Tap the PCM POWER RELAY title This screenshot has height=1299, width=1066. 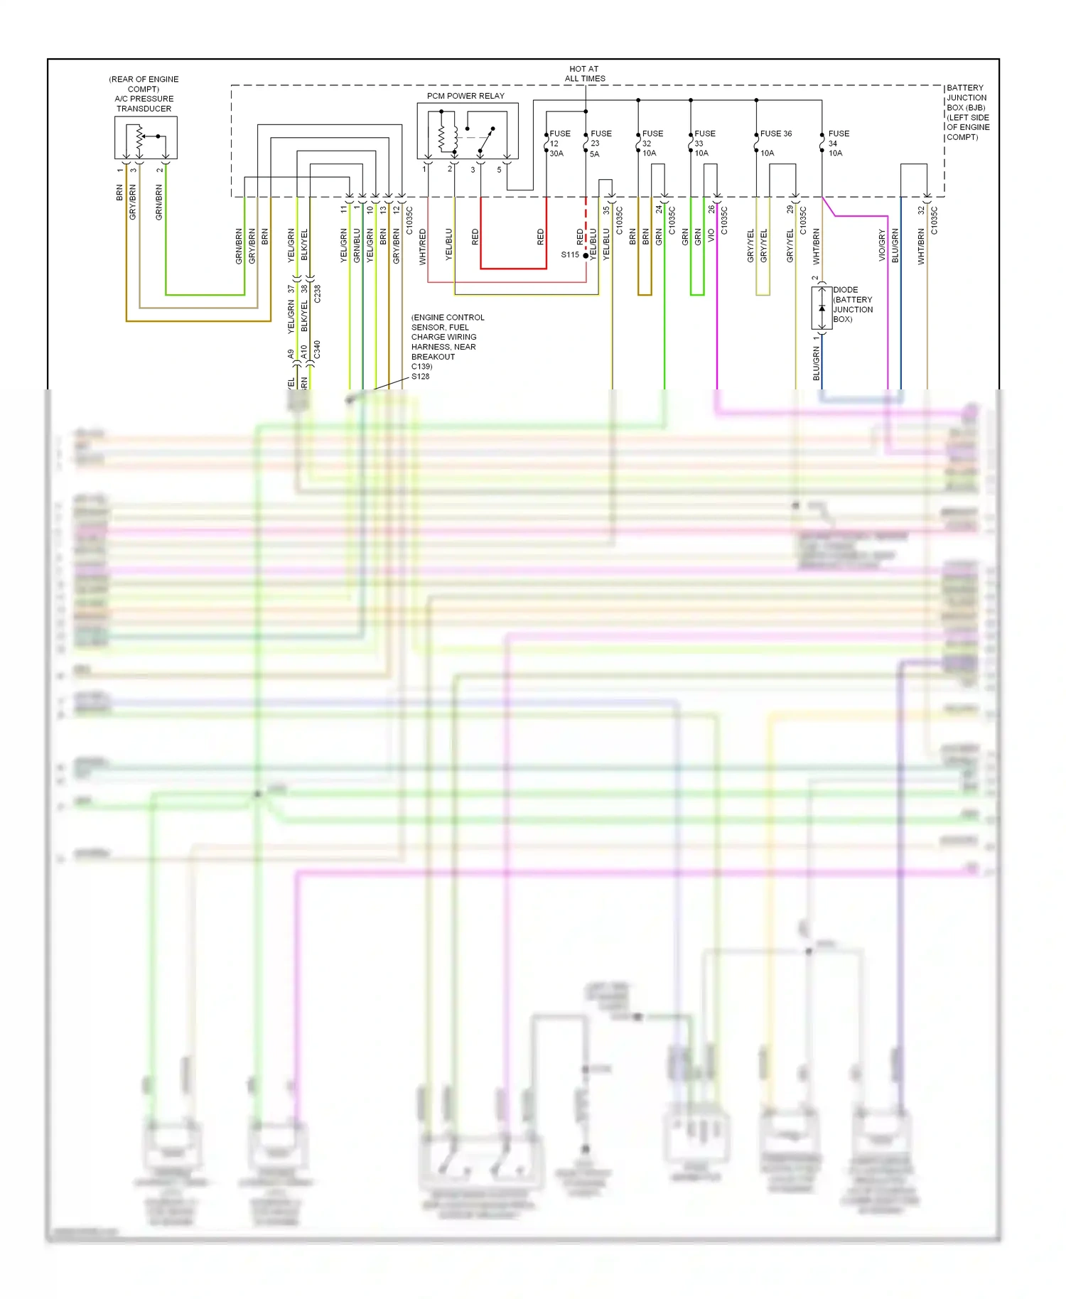tap(465, 96)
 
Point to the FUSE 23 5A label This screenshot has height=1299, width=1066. tap(600, 144)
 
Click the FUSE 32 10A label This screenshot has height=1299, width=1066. tap(652, 144)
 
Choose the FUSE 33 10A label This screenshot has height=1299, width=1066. tap(704, 144)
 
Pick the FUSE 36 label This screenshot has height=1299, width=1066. tap(775, 134)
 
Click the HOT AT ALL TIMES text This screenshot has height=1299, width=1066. tap(585, 74)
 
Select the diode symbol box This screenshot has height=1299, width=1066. tap(822, 308)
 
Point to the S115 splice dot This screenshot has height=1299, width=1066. tap(586, 255)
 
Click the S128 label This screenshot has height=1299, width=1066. tap(420, 377)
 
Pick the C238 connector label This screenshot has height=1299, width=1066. tap(317, 293)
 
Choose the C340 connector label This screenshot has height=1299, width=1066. tap(317, 350)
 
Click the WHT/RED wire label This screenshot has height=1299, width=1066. tap(423, 247)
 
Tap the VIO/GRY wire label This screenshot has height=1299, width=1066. tap(882, 245)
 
